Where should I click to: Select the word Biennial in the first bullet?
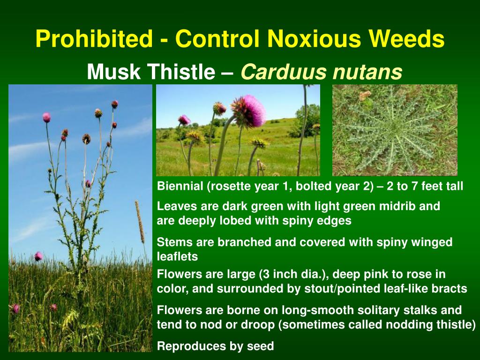point(180,186)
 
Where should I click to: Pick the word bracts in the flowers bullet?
point(452,289)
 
